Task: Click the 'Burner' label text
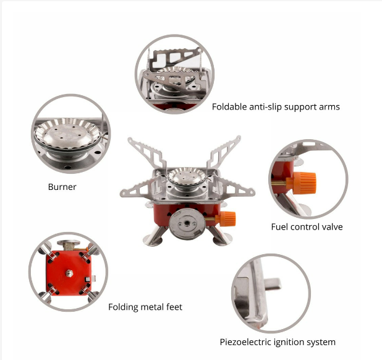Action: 62,187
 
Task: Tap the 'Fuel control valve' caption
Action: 307,227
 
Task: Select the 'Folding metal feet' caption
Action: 145,307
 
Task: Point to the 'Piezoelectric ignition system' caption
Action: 278,342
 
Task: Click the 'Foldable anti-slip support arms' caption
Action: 276,107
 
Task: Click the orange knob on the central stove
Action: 228,218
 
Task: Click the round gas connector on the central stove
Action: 187,224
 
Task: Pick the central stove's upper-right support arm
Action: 224,152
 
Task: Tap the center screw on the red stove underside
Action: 69,273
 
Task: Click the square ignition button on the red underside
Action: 87,280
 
